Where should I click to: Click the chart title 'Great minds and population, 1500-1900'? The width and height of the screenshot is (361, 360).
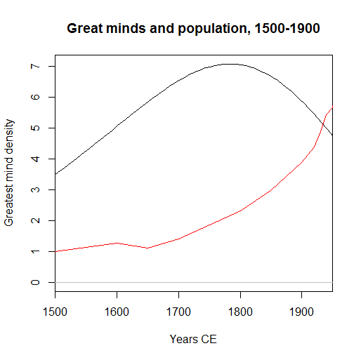(194, 29)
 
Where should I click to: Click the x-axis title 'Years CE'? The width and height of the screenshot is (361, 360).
(194, 340)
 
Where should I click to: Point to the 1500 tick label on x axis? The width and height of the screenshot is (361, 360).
(55, 309)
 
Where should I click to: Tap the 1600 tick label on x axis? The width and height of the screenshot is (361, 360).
(117, 309)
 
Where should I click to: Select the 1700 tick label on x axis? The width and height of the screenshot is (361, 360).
(178, 309)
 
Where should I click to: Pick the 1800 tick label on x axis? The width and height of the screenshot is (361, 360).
(240, 309)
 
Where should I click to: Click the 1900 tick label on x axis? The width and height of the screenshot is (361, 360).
(301, 309)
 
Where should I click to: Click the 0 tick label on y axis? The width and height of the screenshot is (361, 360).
(32, 282)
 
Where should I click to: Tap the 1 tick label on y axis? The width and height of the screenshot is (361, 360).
(32, 251)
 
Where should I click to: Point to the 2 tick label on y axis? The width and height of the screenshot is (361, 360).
(32, 220)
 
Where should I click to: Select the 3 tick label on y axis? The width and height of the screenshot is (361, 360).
(32, 189)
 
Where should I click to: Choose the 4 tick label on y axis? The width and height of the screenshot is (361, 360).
(32, 159)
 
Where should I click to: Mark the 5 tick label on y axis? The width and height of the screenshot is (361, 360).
(32, 128)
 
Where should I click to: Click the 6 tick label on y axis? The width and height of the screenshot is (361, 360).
(32, 97)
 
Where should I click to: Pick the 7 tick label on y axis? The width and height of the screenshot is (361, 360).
(32, 66)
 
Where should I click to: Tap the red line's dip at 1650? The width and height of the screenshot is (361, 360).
(147, 248)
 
